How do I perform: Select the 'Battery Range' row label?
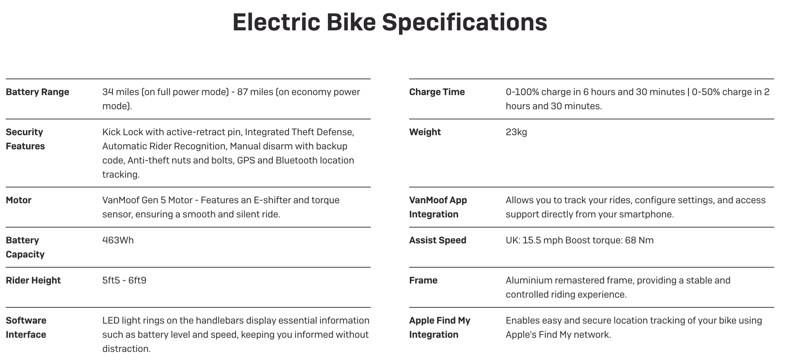pos(37,92)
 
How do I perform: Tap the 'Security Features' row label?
pos(25,139)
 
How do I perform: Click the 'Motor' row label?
pos(19,200)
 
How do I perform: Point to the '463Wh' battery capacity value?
pos(118,240)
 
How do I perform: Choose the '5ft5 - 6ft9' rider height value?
pos(124,280)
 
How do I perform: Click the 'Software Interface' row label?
pos(26,327)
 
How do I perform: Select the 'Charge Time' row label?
pos(437,92)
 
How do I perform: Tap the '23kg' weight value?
pos(516,132)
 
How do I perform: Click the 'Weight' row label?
pos(425,132)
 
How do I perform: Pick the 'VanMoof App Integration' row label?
pos(438,207)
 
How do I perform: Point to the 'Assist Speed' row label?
pos(438,240)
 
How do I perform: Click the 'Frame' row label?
pos(423,280)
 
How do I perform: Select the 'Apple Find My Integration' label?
pos(439,327)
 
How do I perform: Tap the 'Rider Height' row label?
pos(33,280)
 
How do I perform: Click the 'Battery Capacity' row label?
pos(25,247)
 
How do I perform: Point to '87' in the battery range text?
pos(242,92)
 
